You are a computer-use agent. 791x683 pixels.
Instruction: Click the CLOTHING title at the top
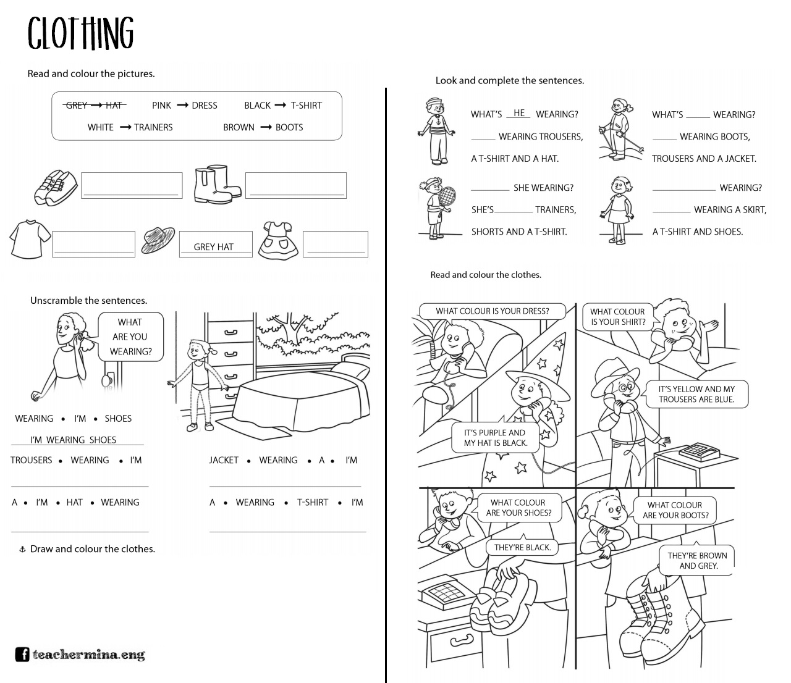(x=80, y=33)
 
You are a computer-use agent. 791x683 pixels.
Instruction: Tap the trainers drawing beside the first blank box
(x=56, y=187)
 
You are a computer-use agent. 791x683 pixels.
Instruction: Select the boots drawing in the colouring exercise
(x=216, y=184)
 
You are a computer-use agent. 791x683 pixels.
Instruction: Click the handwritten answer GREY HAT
(x=214, y=247)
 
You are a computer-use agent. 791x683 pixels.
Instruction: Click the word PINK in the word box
(x=161, y=106)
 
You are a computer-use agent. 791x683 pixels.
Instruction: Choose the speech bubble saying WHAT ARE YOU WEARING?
(x=130, y=337)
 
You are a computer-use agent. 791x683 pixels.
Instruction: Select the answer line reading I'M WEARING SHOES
(x=73, y=440)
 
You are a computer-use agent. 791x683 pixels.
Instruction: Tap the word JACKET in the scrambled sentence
(x=224, y=460)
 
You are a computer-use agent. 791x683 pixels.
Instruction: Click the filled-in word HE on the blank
(x=519, y=113)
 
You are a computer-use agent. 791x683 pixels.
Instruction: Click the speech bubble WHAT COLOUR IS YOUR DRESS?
(x=492, y=311)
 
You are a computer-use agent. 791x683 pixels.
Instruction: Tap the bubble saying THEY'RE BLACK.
(x=522, y=547)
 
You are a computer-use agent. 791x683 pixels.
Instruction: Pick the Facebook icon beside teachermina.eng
(x=22, y=655)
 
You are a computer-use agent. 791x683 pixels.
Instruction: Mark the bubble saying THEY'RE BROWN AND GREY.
(x=697, y=561)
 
